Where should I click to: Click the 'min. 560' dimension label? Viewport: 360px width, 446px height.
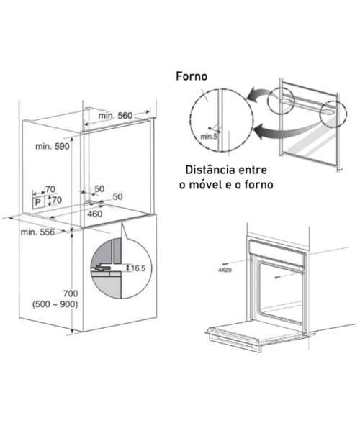tap(115, 116)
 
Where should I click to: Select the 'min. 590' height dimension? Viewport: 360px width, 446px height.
tap(52, 146)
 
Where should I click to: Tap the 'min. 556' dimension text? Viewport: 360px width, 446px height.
tap(37, 232)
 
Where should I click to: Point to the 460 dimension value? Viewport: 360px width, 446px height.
tap(95, 214)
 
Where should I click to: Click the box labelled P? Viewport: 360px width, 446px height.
tap(38, 202)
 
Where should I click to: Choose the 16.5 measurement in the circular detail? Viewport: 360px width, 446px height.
tap(138, 268)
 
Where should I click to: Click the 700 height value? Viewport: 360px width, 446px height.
tap(71, 293)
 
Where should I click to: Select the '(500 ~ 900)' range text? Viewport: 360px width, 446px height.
tap(55, 304)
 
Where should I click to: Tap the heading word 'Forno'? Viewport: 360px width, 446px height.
tap(192, 76)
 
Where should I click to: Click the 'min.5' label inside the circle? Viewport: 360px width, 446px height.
tap(209, 136)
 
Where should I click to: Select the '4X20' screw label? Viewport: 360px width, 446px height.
tap(225, 270)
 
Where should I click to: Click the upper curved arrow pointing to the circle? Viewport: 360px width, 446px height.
tap(258, 95)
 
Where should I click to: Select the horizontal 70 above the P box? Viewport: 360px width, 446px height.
tap(50, 189)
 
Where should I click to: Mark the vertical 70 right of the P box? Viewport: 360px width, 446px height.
tap(57, 200)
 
